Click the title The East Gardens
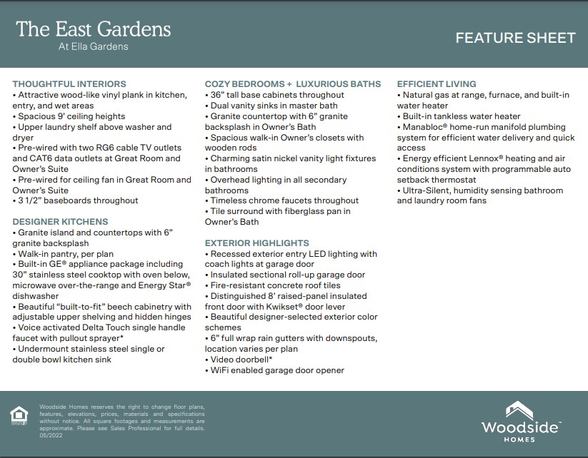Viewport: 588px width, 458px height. coord(94,29)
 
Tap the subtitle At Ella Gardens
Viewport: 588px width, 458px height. coord(94,47)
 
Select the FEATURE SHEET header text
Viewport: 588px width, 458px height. coord(515,38)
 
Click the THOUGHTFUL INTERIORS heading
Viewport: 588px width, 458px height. coord(69,84)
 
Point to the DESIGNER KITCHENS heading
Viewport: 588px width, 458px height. coord(60,222)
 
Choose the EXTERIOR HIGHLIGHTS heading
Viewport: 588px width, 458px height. coord(257,243)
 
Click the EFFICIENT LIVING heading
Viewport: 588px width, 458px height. coord(437,84)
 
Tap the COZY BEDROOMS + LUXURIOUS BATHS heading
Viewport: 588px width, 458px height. coord(293,84)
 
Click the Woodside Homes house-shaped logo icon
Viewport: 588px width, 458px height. coord(519,411)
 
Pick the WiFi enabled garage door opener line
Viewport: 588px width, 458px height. coord(277,370)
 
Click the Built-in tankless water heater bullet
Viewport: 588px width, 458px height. coord(461,116)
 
